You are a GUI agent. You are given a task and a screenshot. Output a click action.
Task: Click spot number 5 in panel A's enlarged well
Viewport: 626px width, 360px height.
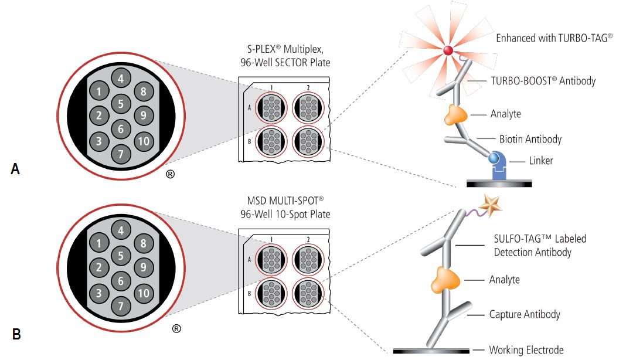tap(121, 104)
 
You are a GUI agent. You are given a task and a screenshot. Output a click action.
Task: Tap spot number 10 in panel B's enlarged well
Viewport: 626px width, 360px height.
tap(144, 293)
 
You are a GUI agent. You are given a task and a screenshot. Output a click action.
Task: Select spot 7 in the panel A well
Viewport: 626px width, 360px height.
tap(121, 154)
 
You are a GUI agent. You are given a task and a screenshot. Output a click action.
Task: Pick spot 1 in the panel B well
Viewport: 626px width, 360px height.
tap(98, 243)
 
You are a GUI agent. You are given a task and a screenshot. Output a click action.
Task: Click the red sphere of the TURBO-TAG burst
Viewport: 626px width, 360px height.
tap(448, 51)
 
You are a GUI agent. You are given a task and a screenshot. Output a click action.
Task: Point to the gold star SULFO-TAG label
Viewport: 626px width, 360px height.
tap(490, 205)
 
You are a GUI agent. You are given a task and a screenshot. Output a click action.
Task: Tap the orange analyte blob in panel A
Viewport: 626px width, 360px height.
tap(456, 115)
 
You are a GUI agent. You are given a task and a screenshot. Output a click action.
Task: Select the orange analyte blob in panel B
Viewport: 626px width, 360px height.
tap(445, 279)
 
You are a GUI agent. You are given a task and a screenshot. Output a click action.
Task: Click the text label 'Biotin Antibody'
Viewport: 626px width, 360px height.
tap(530, 139)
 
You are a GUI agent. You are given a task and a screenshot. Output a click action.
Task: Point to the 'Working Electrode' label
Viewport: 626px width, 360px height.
tap(526, 350)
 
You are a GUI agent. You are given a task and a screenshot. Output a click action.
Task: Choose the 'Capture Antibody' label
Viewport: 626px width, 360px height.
tap(525, 314)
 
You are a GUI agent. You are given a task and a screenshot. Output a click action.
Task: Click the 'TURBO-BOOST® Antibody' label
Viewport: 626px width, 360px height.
tap(543, 81)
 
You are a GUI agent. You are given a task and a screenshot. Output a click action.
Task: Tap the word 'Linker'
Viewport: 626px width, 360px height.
tap(541, 161)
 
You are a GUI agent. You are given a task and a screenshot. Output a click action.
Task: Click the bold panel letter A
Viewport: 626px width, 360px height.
tap(15, 169)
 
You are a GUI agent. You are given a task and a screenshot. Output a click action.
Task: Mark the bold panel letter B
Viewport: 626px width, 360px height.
tap(16, 334)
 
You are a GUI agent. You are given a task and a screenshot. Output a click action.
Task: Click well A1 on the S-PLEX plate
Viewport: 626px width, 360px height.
tap(271, 108)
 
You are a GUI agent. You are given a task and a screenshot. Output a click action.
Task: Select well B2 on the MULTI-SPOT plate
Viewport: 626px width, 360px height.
tap(308, 294)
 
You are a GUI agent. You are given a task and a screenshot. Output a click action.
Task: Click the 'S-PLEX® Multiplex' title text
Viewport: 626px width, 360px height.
tap(285, 49)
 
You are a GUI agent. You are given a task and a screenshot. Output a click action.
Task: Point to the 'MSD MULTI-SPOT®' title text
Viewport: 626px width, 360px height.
tap(285, 200)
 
